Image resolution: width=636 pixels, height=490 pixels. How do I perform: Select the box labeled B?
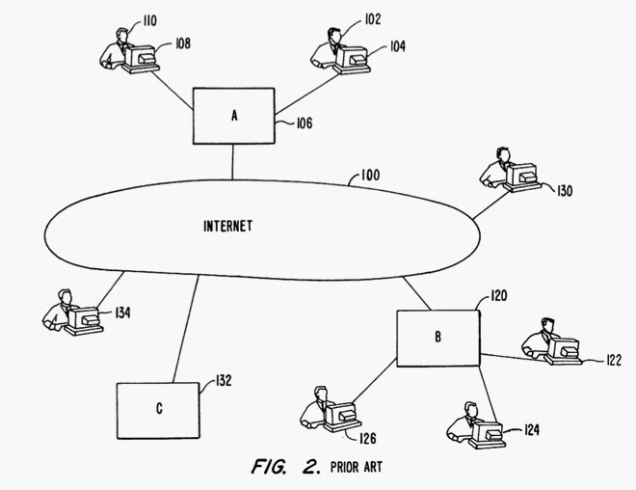[x=439, y=338]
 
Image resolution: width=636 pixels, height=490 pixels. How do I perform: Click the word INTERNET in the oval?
[x=228, y=227]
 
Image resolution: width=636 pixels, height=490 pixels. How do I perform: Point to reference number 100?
[x=369, y=176]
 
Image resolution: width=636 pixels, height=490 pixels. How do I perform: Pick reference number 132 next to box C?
[x=224, y=380]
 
